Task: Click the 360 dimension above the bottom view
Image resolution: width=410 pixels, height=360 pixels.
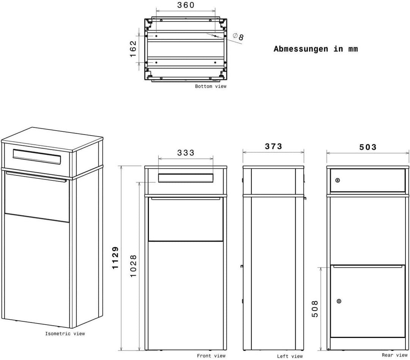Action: tap(186, 5)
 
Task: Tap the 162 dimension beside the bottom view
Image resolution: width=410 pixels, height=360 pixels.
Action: tap(133, 49)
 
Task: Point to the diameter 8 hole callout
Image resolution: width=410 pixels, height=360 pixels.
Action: tap(238, 36)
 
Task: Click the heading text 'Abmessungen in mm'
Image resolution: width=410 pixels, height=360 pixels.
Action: tap(315, 49)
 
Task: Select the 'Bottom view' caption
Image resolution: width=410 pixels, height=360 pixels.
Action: tap(210, 86)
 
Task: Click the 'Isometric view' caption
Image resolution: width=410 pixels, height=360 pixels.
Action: tap(65, 333)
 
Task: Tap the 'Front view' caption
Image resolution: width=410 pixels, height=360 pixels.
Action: tap(211, 356)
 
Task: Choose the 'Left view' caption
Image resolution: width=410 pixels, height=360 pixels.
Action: tap(290, 356)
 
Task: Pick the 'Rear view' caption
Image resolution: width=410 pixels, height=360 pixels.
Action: tap(394, 355)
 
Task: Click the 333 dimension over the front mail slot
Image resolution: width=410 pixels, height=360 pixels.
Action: tap(186, 153)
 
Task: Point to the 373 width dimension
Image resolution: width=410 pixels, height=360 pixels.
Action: tap(273, 146)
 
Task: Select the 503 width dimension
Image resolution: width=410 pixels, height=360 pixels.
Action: tap(367, 147)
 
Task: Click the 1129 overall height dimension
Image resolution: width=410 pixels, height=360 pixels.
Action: tap(115, 258)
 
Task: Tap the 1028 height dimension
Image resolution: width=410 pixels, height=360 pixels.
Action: tap(133, 266)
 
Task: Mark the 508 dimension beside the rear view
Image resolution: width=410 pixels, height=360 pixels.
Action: tap(315, 309)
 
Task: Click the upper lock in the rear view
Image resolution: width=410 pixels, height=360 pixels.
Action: tap(337, 180)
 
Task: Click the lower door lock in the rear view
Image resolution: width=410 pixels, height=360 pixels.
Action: tap(339, 301)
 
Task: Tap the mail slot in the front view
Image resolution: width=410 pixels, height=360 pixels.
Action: tap(186, 178)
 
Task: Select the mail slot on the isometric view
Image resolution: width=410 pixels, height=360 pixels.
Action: tap(37, 157)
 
